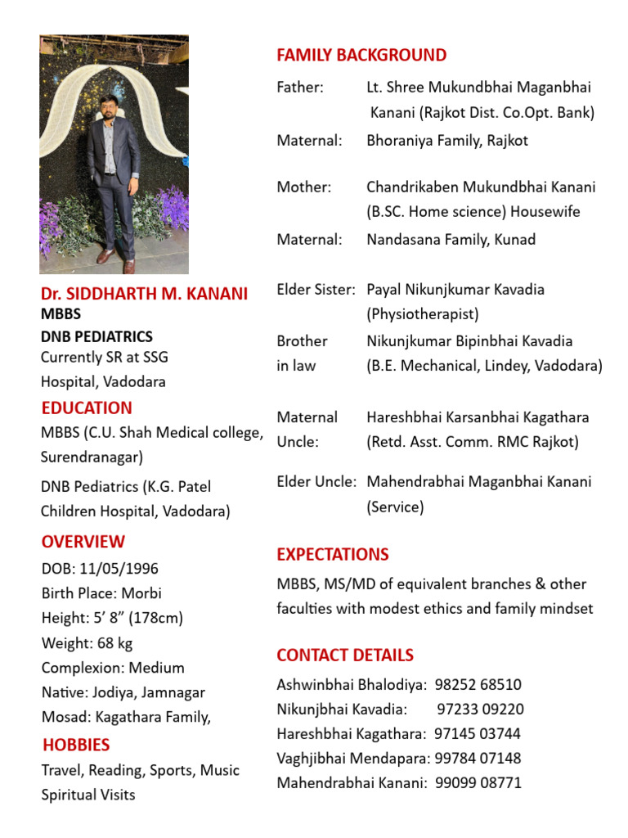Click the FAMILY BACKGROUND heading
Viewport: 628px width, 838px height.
[x=361, y=56]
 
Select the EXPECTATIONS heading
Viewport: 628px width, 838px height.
[x=332, y=554]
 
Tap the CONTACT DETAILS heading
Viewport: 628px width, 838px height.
[x=345, y=655]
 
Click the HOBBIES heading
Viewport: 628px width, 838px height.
[x=76, y=745]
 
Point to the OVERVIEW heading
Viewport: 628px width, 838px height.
[x=83, y=542]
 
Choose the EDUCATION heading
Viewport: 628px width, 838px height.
[x=87, y=408]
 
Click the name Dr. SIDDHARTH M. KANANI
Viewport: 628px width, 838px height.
[x=145, y=294]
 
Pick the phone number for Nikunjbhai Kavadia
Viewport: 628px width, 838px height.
[x=481, y=709]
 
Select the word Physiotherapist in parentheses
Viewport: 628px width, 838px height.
[x=423, y=314]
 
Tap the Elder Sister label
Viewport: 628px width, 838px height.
[x=316, y=290]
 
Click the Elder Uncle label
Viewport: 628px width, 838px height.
[x=316, y=482]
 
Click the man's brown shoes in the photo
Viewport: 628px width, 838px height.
[x=115, y=261]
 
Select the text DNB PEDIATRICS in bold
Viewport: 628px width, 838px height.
[x=96, y=336]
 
